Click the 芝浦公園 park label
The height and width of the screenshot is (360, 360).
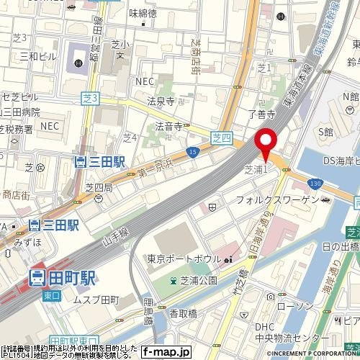tap(193, 280)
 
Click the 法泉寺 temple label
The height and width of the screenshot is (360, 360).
tap(161, 102)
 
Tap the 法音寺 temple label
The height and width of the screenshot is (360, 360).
tap(168, 126)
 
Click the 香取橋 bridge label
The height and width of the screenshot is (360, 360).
tap(184, 314)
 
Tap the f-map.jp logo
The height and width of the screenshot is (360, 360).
tap(166, 352)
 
